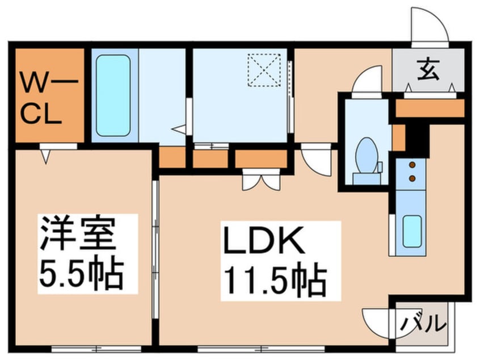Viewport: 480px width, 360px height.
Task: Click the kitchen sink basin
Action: (412, 231)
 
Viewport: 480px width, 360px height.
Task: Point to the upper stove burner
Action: (412, 165)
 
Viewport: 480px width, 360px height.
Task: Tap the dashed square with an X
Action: (264, 69)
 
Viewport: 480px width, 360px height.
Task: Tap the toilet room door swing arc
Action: (367, 79)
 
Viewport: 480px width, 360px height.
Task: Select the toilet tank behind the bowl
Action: (367, 178)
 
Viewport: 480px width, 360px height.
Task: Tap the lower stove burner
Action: (412, 178)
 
